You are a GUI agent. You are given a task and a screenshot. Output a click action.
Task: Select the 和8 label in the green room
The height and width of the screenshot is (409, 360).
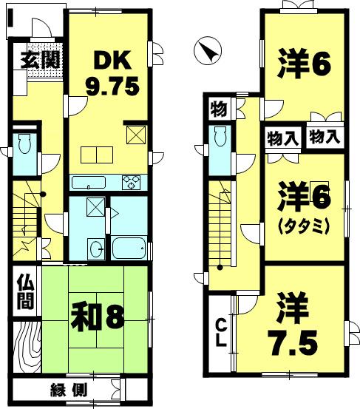pyautogui.click(x=97, y=317)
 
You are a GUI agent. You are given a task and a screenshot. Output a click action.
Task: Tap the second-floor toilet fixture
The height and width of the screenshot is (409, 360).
pyautogui.click(x=219, y=137)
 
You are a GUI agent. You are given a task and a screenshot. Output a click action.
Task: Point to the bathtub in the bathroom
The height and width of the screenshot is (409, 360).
pyautogui.click(x=130, y=247)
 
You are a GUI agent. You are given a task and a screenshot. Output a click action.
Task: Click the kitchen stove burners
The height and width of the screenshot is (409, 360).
pyautogui.click(x=134, y=180)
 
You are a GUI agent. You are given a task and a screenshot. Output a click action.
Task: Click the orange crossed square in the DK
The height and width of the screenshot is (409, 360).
pyautogui.click(x=136, y=135)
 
